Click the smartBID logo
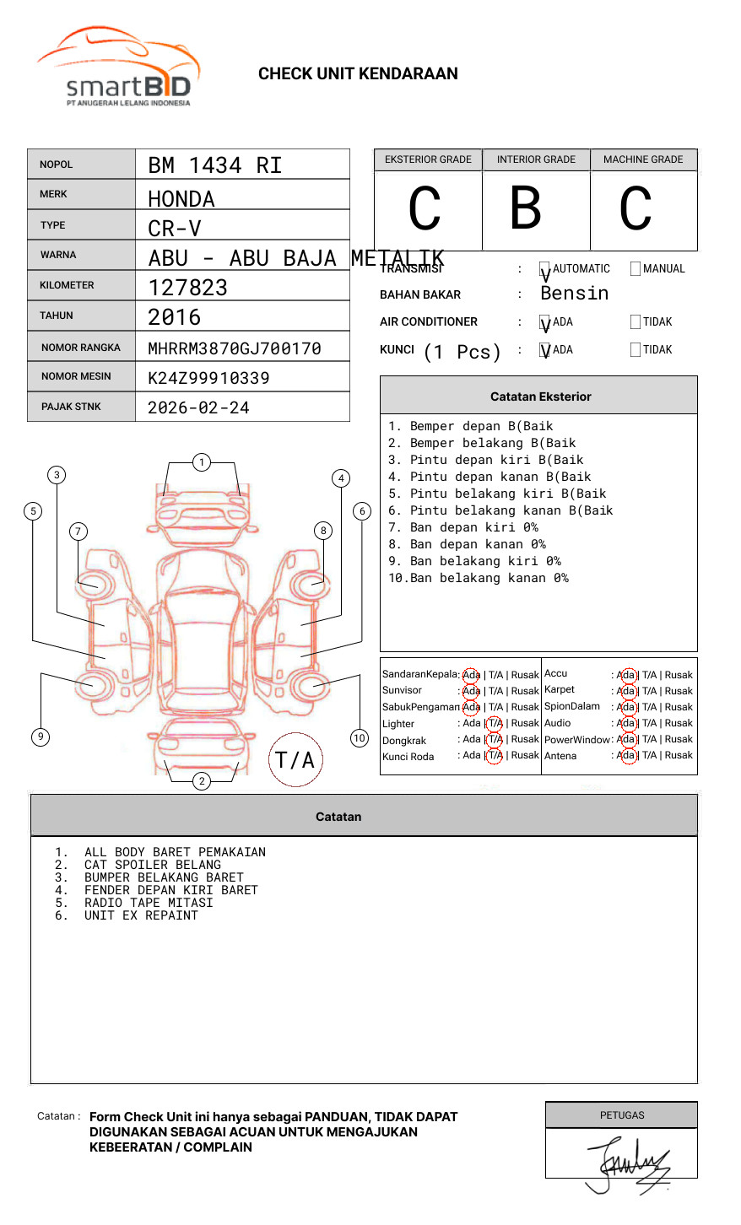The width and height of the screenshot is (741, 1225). point(118,67)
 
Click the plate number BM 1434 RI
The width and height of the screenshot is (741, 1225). point(215,165)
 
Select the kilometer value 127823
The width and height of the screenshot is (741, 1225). point(188,288)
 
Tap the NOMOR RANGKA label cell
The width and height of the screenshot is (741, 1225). point(81,348)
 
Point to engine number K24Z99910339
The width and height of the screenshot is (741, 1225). point(208,378)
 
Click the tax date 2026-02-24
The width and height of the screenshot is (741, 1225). point(198,407)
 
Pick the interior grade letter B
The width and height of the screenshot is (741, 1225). point(526,208)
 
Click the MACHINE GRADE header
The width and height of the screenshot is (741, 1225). point(643,159)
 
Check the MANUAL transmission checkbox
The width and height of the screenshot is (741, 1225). point(636,269)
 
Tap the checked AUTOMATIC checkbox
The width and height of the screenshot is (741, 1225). point(545,269)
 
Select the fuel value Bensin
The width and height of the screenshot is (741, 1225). point(574,294)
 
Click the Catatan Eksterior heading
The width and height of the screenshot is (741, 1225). point(540,397)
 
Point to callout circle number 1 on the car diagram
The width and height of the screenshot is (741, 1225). point(201,462)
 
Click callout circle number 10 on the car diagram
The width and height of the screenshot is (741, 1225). point(360,738)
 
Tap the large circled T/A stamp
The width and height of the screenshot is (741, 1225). point(295,760)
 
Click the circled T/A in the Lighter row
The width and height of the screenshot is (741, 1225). point(495,724)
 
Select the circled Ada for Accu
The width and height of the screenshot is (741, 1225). point(626,675)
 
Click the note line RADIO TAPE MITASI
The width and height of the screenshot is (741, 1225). point(149,903)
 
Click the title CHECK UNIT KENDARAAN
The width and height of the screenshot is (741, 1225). point(358,74)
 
